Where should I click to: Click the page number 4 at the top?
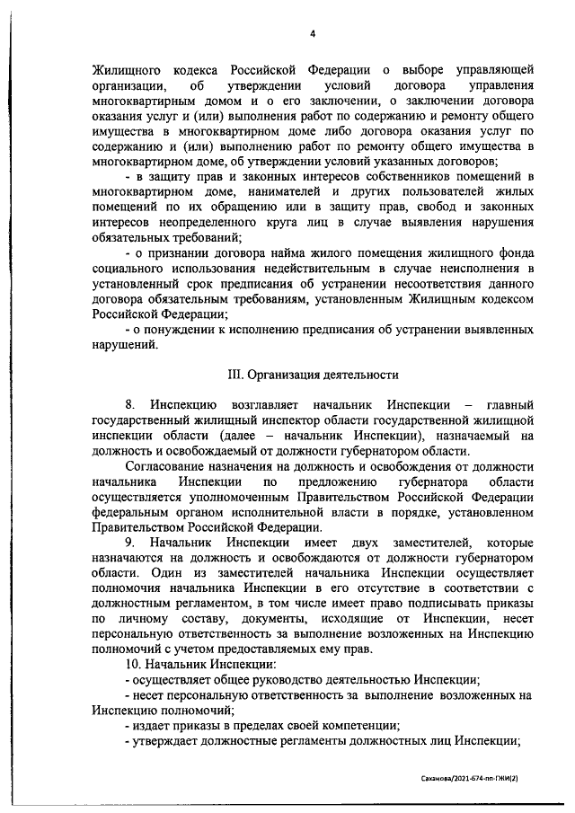[313, 33]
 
